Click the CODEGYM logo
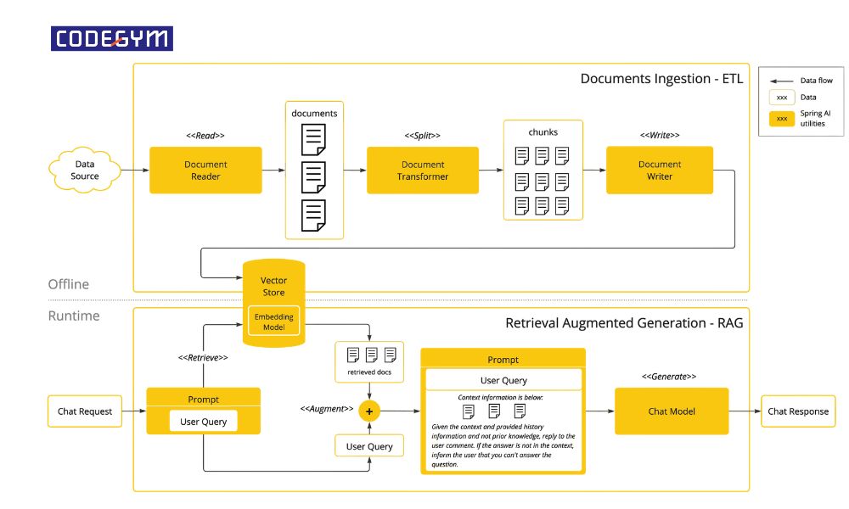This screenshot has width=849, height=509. click(112, 38)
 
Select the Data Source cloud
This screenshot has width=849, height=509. click(85, 170)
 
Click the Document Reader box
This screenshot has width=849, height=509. click(205, 170)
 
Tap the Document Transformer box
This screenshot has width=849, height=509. click(422, 170)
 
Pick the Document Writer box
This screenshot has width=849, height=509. click(659, 170)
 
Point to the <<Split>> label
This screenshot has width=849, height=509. click(422, 136)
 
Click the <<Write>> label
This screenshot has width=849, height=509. click(659, 136)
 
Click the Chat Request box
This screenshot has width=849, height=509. click(85, 411)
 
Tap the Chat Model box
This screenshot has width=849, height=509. click(671, 411)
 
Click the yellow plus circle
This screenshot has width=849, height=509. click(369, 411)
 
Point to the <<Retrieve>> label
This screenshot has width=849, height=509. click(203, 358)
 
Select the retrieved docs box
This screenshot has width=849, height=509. click(369, 361)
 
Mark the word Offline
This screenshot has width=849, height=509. click(68, 284)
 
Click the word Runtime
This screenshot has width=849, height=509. click(73, 316)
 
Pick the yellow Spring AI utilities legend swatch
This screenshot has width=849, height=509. click(781, 118)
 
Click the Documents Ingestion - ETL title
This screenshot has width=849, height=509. click(660, 79)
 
